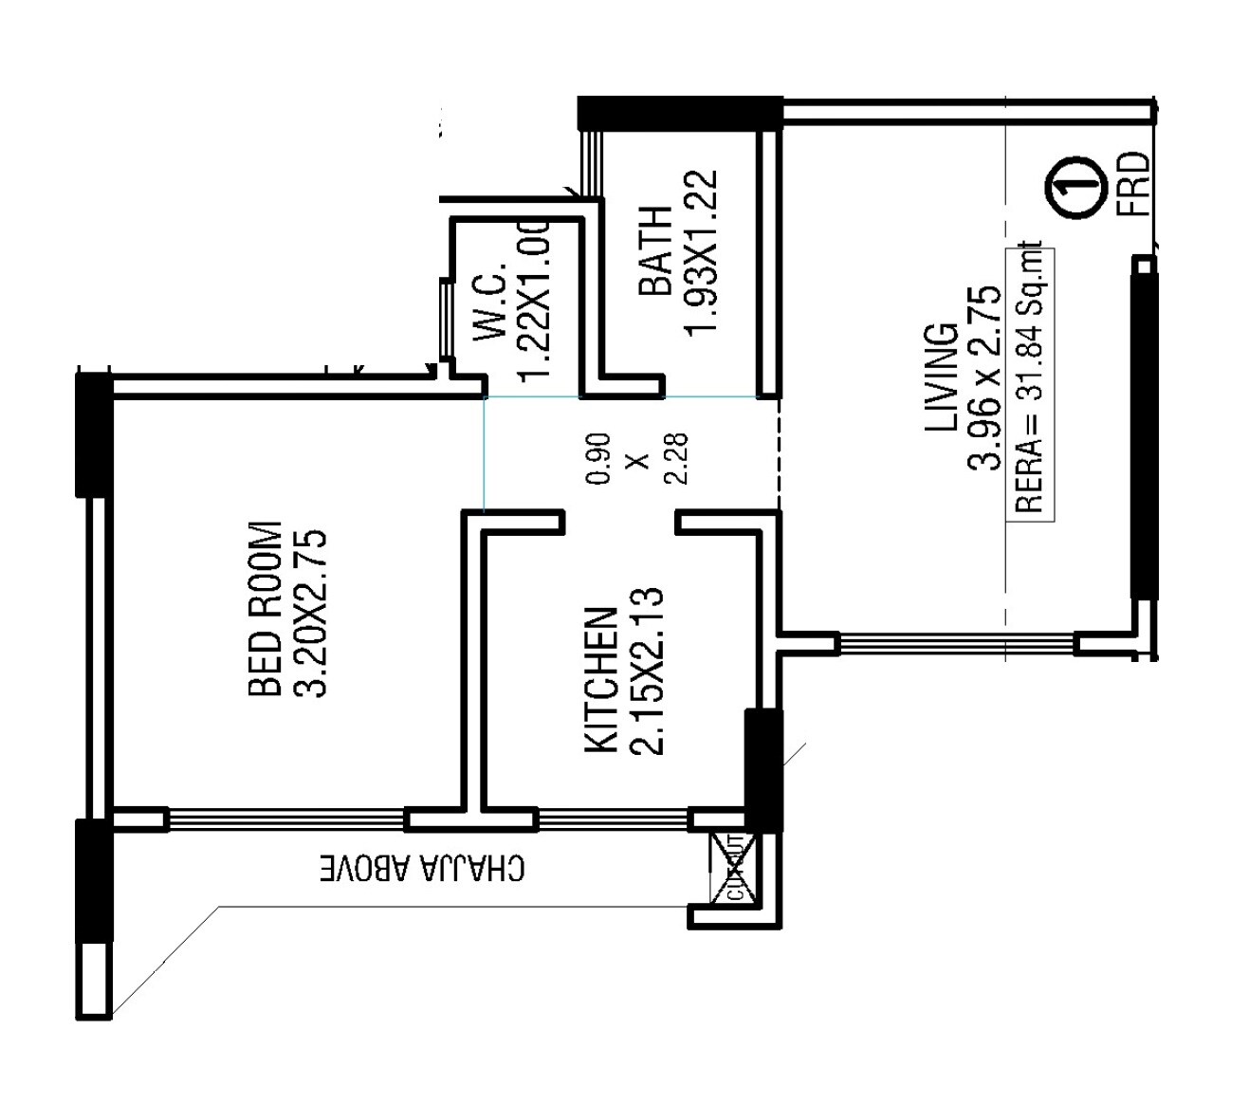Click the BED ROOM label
[265, 608]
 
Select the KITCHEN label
[601, 680]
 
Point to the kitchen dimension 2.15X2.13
[649, 672]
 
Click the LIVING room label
[942, 377]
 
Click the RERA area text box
[1029, 378]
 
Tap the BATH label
[655, 250]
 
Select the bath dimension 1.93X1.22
[703, 251]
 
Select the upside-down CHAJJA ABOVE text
[420, 868]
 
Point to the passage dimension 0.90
[598, 459]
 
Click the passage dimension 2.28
[677, 459]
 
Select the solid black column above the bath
[679, 112]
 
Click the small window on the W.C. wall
[444, 320]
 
